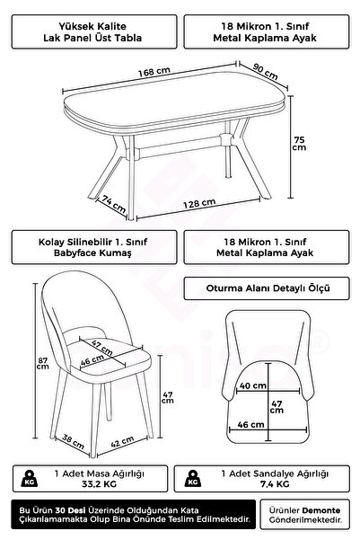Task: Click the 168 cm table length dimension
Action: (x=154, y=72)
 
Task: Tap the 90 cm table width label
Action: (x=265, y=71)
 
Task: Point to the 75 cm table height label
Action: (x=299, y=144)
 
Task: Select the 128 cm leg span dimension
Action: (x=199, y=204)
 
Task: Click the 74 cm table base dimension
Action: (x=114, y=204)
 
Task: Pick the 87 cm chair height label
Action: (x=43, y=363)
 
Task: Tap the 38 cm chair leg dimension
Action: (x=73, y=441)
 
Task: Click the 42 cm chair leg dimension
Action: (x=122, y=441)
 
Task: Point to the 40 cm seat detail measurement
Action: (x=253, y=385)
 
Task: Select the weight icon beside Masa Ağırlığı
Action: (x=30, y=478)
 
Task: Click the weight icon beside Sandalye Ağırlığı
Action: (x=193, y=478)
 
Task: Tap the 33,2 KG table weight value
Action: (x=99, y=484)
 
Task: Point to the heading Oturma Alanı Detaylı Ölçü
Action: (x=268, y=288)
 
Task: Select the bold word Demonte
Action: (x=321, y=510)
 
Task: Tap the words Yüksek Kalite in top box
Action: (x=92, y=26)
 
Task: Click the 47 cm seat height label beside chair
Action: (x=168, y=397)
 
